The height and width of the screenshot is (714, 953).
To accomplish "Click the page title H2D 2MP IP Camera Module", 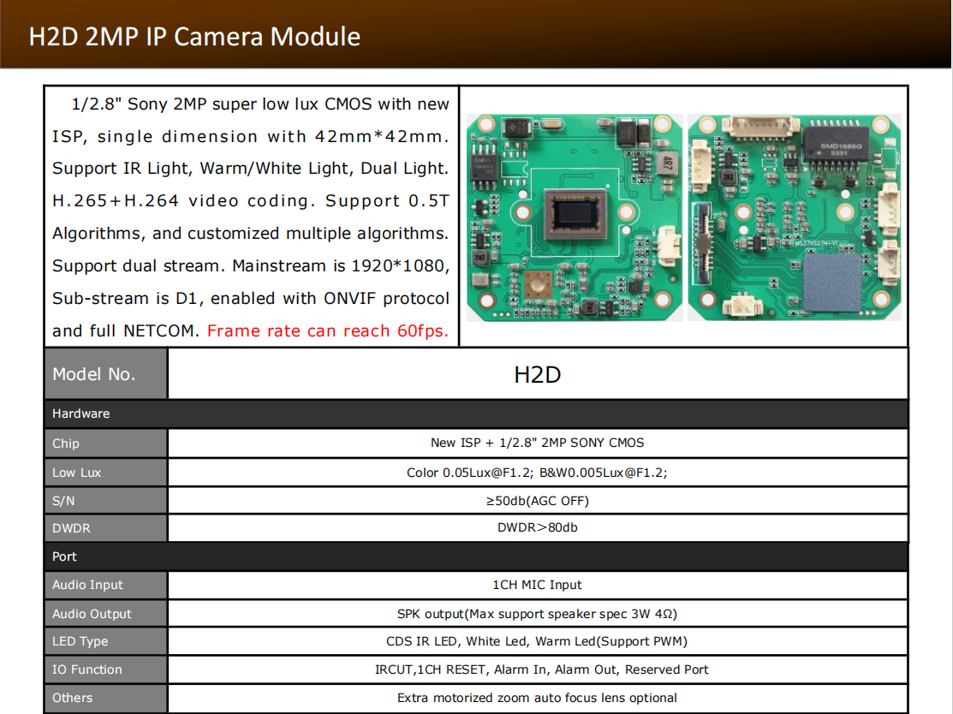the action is point(194,37).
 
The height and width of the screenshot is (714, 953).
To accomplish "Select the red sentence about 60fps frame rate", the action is point(328,330).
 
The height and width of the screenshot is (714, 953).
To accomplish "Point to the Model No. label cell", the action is point(106,374).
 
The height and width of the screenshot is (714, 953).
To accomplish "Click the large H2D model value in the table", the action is point(537,375).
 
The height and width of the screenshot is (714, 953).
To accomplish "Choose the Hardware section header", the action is point(80,414).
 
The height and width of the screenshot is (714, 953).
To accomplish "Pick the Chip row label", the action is point(66,443).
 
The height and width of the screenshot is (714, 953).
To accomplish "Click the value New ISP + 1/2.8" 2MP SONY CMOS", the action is point(537,443).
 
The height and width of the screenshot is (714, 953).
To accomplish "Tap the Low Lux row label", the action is point(76,473).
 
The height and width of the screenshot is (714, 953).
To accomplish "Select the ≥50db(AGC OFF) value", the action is point(537,501).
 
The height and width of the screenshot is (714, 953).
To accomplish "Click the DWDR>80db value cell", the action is point(537,527).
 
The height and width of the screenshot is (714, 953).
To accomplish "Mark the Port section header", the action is point(64,556).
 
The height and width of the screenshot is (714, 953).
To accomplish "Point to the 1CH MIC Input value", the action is point(537,585).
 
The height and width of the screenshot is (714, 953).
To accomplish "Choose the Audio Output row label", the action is point(92,614).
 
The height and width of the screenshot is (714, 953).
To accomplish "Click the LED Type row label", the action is point(80,641).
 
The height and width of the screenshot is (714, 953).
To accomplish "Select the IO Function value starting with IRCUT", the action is point(541,669).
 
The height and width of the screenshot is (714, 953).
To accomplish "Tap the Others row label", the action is point(72,698).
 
